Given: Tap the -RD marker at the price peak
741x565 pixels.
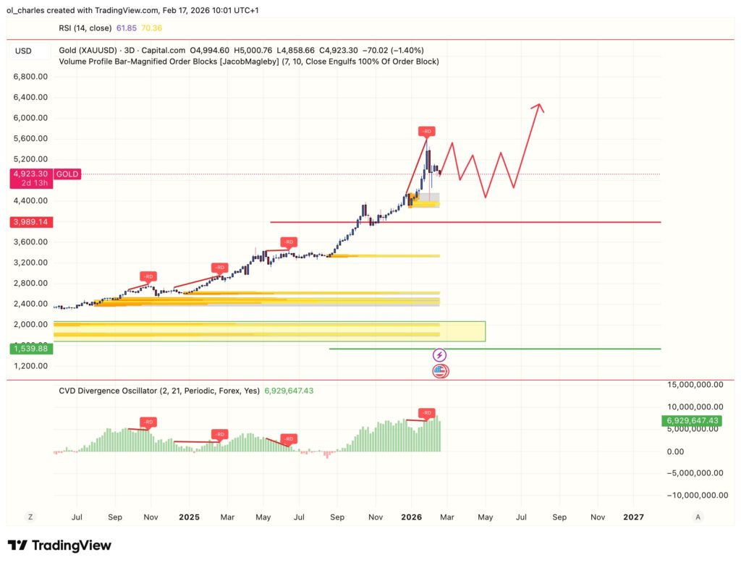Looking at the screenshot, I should pyautogui.click(x=427, y=131).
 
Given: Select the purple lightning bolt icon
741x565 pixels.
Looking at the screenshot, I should pyautogui.click(x=440, y=355).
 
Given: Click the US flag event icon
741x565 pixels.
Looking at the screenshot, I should pyautogui.click(x=440, y=371).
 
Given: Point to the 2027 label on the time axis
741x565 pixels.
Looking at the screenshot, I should pyautogui.click(x=633, y=517).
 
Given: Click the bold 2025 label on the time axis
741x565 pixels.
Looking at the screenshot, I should pyautogui.click(x=189, y=517).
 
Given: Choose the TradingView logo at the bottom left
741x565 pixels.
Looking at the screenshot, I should pyautogui.click(x=59, y=545).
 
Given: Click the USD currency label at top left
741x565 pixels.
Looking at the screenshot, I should pyautogui.click(x=23, y=51).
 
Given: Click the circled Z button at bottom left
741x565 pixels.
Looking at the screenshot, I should pyautogui.click(x=30, y=517).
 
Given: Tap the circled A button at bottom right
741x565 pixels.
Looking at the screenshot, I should pyautogui.click(x=698, y=517).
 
